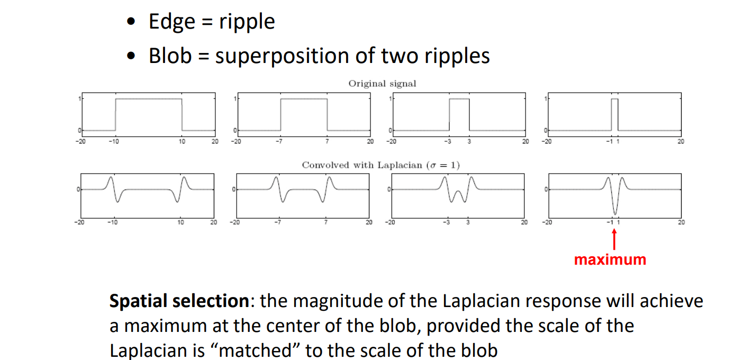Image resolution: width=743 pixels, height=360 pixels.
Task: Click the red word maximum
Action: point(610,259)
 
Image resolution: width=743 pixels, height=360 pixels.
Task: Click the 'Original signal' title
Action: point(382,84)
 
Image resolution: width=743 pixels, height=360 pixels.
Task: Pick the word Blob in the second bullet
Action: point(169,56)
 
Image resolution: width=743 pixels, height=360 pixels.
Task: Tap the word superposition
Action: point(289,56)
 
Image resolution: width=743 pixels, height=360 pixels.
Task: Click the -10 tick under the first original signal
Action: point(114,141)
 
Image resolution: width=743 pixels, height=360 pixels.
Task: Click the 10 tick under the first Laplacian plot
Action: point(180,222)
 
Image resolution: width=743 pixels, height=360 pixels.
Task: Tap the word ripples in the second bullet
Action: point(458,56)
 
